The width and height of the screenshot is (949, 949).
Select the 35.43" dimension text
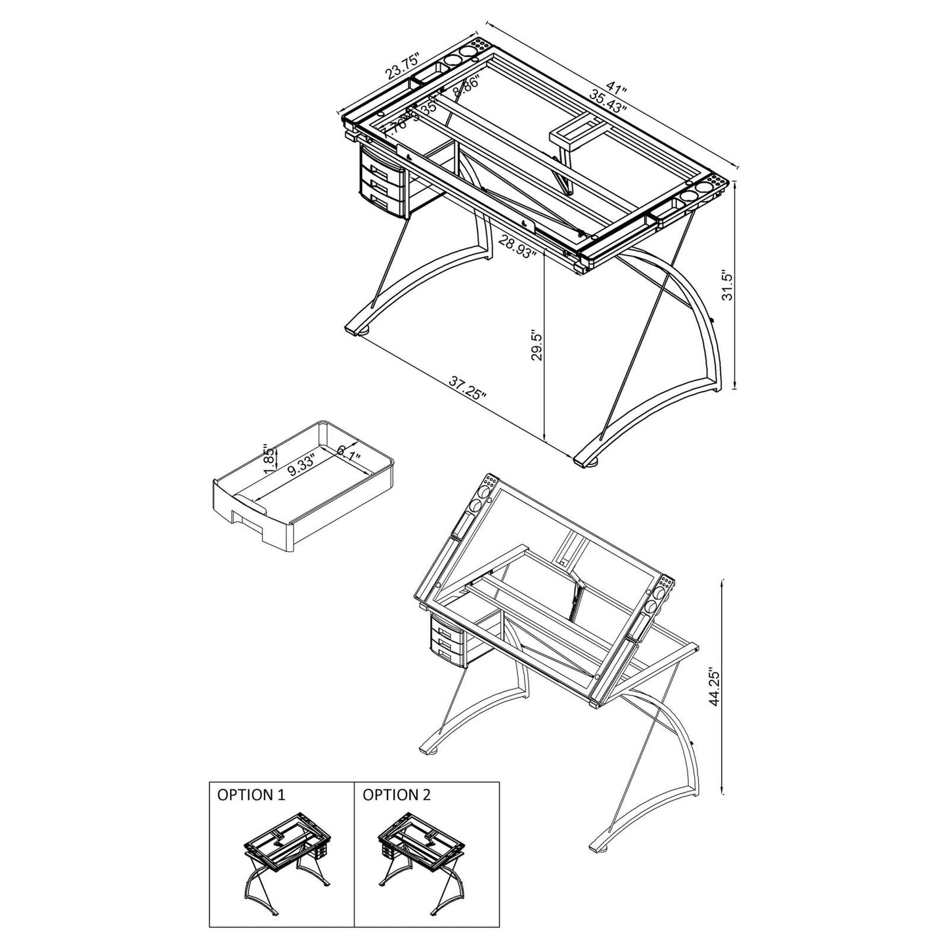point(608,104)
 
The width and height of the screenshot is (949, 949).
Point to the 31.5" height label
point(726,284)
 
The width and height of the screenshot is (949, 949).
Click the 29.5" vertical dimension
point(537,345)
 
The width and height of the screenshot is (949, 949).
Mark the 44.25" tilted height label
point(715,688)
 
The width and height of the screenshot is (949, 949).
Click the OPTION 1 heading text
point(252,795)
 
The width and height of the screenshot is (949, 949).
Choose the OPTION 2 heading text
point(397,795)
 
